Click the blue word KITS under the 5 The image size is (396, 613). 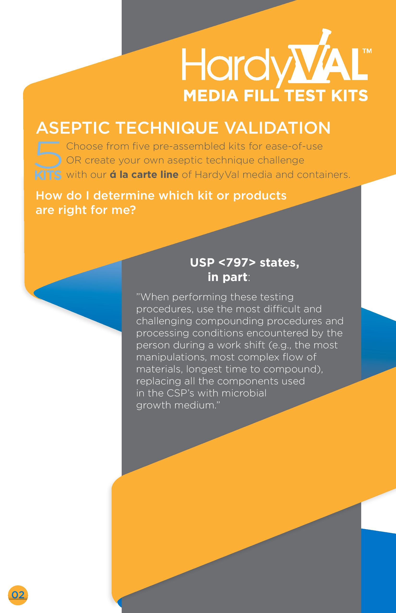48,176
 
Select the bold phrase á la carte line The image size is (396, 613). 144,175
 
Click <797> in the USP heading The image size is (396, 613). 237,263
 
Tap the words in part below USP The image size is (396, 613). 227,277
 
